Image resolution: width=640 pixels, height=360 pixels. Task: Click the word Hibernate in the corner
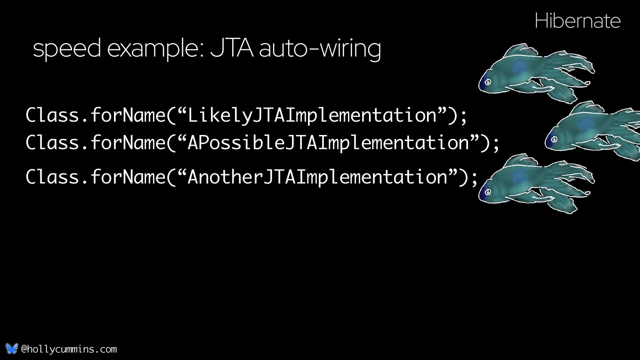pos(577,21)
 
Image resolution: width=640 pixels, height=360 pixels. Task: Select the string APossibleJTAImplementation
pos(328,143)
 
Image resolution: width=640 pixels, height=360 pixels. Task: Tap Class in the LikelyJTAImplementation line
pos(52,115)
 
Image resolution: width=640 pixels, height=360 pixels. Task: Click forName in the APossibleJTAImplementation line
pos(128,143)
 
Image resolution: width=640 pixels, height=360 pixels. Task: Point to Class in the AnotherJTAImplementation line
pos(52,177)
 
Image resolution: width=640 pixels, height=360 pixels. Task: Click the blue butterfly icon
pos(11,349)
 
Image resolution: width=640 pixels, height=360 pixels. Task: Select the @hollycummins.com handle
pos(69,349)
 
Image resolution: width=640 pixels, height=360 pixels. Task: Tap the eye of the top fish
pos(488,82)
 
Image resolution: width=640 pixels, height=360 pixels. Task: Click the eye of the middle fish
pos(554,139)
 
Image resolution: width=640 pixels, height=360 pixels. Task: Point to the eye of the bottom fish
pos(488,192)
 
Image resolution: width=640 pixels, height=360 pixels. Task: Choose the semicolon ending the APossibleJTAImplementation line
pos(496,144)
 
